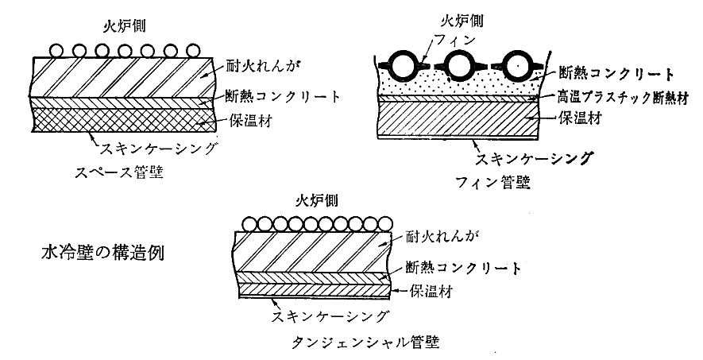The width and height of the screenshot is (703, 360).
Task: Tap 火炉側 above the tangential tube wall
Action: (315, 199)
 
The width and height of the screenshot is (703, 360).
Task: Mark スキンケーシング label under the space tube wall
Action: (156, 148)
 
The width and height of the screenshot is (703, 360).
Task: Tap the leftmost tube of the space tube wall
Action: (56, 50)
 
